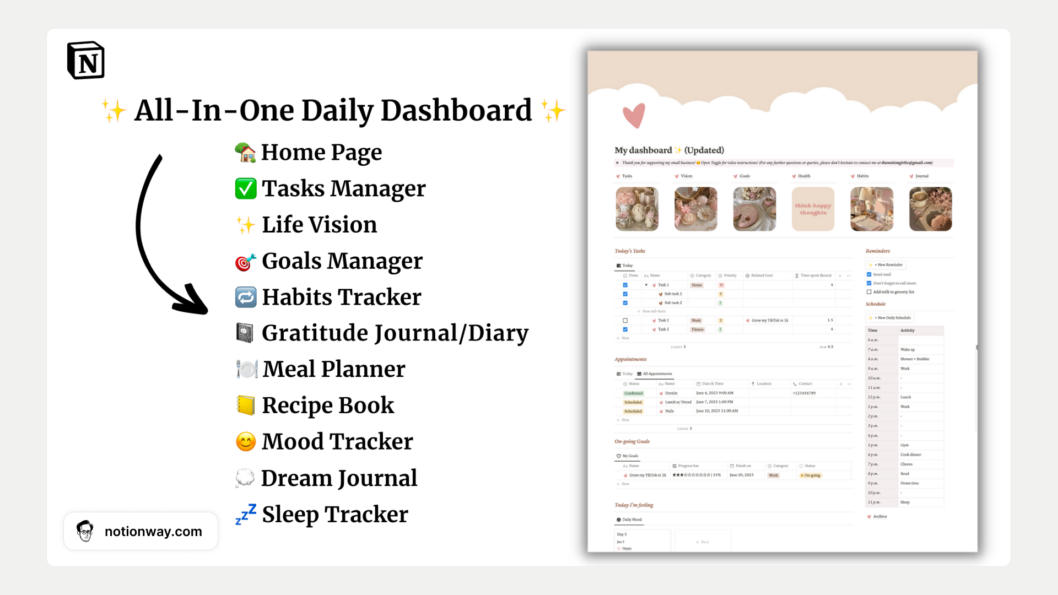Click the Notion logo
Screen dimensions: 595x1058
(86, 60)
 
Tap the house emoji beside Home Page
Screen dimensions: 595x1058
(245, 153)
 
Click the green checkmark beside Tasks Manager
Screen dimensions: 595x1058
(246, 188)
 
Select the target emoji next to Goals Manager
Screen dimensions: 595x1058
(245, 262)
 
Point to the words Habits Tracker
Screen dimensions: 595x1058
(341, 297)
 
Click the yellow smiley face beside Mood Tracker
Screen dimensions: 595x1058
(246, 441)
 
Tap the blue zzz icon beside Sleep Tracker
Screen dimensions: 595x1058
(246, 514)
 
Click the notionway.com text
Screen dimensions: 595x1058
(153, 532)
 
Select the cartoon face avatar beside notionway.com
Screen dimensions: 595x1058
(85, 531)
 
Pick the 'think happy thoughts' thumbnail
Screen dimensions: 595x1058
(813, 209)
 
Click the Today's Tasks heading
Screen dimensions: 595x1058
(630, 251)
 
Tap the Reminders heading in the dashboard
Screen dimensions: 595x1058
(878, 251)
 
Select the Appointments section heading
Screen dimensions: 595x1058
(630, 359)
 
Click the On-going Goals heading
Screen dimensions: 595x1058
(632, 441)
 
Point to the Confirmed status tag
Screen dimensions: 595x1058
(633, 393)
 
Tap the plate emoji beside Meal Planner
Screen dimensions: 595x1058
(247, 369)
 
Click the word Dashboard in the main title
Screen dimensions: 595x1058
(456, 110)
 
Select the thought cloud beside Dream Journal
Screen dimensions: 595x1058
(245, 478)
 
